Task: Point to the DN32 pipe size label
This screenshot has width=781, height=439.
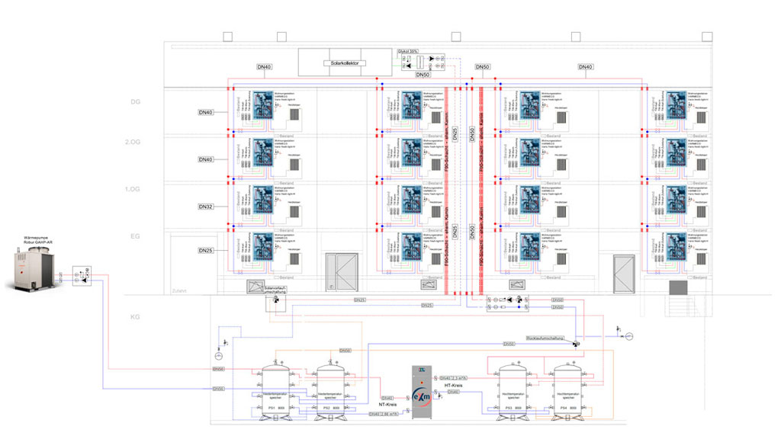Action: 206,207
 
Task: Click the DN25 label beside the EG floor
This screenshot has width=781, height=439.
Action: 206,251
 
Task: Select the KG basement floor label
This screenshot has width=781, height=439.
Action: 137,314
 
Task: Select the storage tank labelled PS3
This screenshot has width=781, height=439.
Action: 513,391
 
